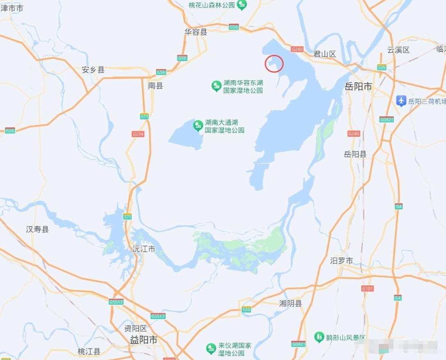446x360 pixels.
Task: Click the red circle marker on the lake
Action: pos(274,63)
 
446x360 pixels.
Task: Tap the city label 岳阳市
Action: pos(358,86)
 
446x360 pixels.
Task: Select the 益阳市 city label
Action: pos(143,340)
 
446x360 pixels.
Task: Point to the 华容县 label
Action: pos(196,32)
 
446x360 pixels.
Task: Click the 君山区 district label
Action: pos(324,54)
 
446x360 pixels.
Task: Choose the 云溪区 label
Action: pos(398,50)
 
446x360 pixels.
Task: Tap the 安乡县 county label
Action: pos(93,70)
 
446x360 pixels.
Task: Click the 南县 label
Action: pos(155,86)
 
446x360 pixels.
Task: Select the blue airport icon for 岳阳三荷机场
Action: pos(401,100)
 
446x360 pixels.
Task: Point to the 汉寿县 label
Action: pos(37,229)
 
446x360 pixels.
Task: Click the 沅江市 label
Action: pos(144,249)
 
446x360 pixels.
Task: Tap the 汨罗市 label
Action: pos(341,261)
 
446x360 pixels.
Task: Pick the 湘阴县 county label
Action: pos(290,303)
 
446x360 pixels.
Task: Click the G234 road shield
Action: pos(138,134)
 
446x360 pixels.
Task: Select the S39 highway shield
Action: pos(382,67)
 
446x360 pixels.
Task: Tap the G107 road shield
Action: pos(367,288)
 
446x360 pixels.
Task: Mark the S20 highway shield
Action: pos(246,309)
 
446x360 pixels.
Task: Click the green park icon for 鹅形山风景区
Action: pos(319,337)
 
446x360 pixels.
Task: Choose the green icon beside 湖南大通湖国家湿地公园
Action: pos(198,125)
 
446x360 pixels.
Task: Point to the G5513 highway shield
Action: pos(116,302)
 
